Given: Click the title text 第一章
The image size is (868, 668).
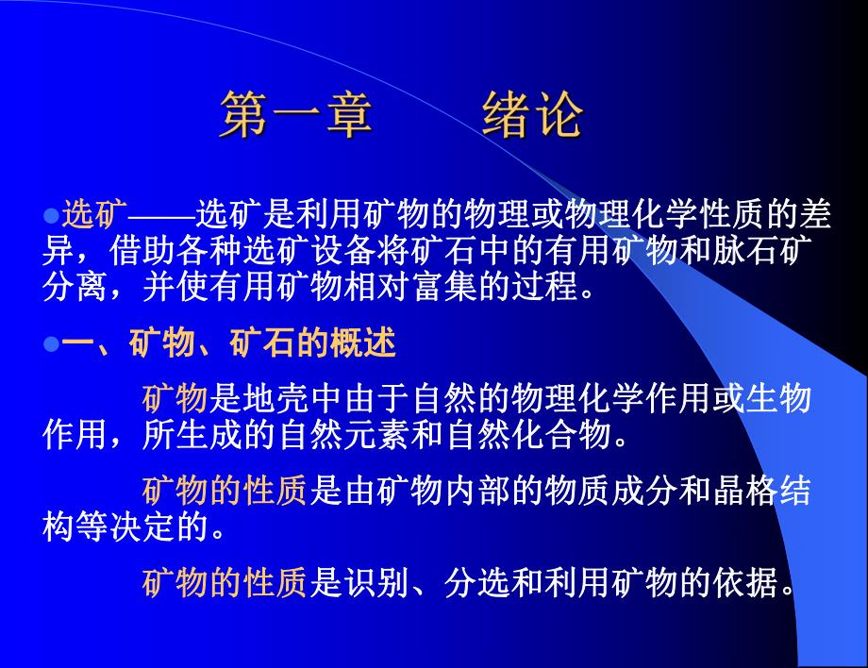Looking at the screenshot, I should (295, 118).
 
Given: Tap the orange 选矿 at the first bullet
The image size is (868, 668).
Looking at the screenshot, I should (94, 216).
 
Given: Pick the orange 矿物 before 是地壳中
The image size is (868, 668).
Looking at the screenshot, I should (175, 399).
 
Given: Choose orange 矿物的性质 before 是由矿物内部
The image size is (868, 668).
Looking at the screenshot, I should (225, 491).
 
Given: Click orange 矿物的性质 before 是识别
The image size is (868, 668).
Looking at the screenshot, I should (225, 585).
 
